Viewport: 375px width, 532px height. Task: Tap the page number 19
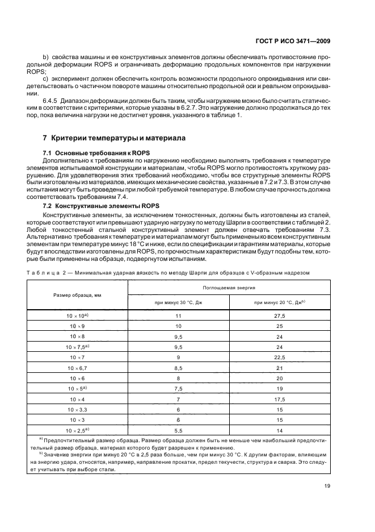tap(328, 485)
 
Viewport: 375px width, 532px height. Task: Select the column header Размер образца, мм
tap(78, 296)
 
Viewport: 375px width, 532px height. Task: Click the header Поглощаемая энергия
tap(230, 288)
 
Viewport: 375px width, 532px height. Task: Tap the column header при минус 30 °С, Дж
tap(178, 303)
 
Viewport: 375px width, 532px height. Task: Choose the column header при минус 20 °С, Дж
tap(280, 303)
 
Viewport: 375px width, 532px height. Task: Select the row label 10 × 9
tap(77, 326)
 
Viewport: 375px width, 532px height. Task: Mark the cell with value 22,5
tap(280, 357)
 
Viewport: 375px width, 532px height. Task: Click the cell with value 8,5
tap(178, 368)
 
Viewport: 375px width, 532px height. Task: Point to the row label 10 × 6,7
tap(77, 368)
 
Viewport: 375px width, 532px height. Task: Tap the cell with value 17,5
tap(280, 400)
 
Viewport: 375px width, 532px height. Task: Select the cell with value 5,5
tap(178, 431)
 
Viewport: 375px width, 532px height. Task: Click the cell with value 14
tap(280, 431)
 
